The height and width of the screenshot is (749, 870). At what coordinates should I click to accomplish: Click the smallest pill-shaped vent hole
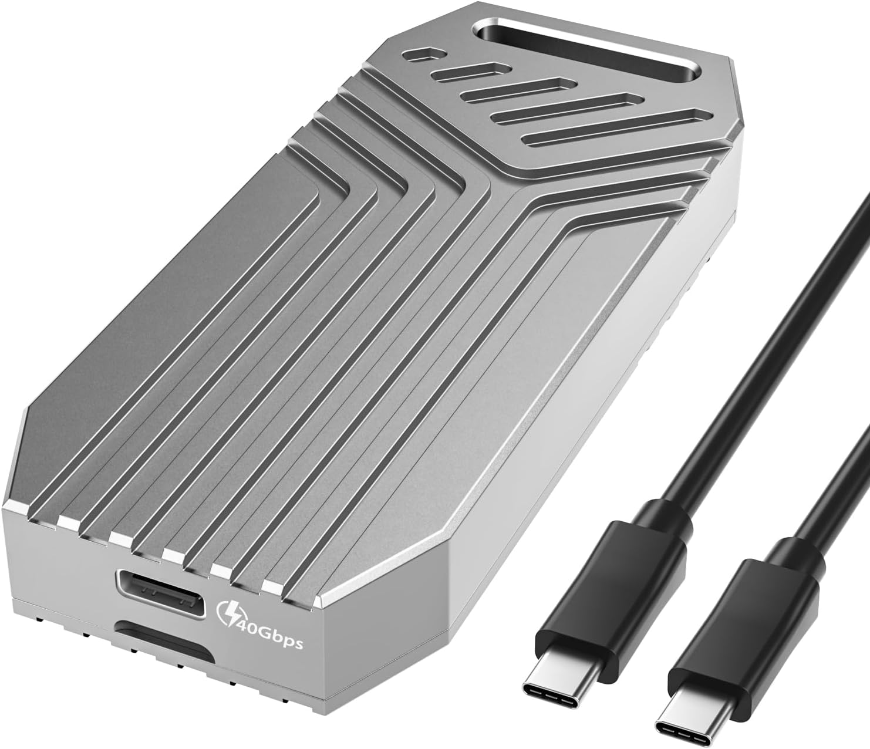421,55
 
